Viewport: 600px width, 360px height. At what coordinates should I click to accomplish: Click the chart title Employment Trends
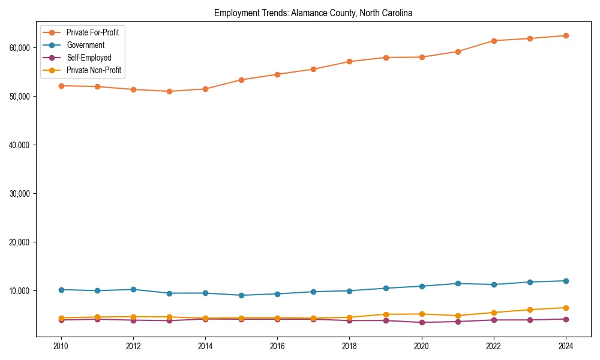point(313,13)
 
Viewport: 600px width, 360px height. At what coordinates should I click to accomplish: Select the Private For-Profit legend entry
point(92,32)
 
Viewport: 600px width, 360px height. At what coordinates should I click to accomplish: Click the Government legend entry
point(85,45)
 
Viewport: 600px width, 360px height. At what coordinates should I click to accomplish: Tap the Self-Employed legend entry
point(89,58)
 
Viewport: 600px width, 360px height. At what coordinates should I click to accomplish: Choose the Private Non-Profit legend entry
point(94,70)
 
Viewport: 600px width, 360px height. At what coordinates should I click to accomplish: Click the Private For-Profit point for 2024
point(565,35)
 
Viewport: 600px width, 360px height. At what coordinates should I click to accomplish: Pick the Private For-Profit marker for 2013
point(169,91)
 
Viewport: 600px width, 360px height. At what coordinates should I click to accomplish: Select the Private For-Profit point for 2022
point(493,41)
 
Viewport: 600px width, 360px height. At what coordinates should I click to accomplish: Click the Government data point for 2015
point(241,295)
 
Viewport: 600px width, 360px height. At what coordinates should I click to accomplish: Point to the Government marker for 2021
point(457,283)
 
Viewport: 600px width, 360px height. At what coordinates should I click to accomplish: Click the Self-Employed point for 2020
point(421,322)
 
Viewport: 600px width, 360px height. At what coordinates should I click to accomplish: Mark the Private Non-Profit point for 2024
point(565,308)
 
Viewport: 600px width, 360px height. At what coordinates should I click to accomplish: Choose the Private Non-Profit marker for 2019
point(385,314)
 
